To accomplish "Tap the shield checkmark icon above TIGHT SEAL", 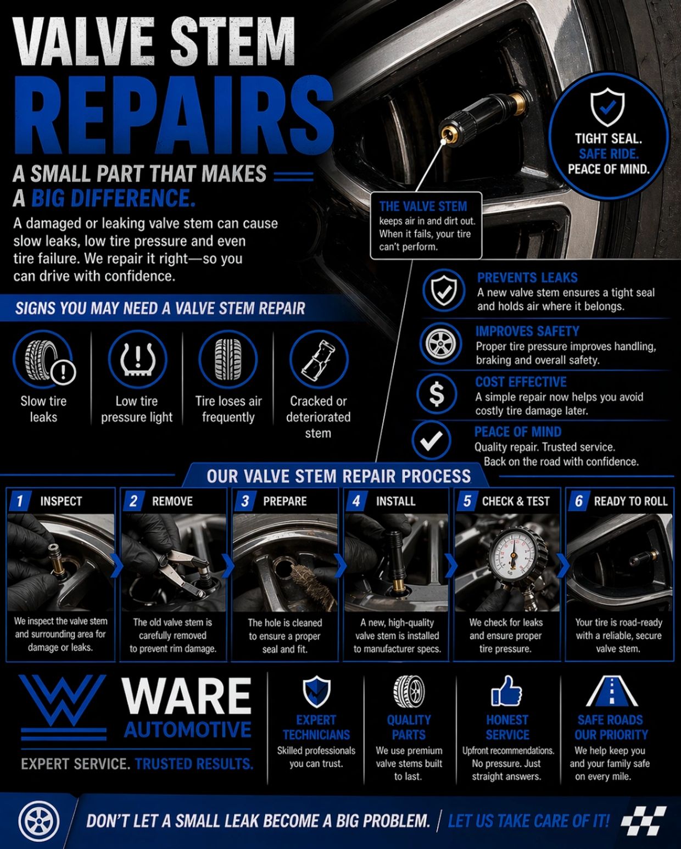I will pos(607,108).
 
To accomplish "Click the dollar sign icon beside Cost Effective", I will pos(436,394).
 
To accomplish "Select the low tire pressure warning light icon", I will pos(137,360).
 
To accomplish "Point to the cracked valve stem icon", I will pos(319,360).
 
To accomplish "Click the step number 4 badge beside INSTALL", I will pos(356,501).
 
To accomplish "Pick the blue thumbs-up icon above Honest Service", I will pos(506,691).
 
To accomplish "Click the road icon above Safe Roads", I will pos(611,691).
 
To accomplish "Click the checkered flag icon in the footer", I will pos(644,821).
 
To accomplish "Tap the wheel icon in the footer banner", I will pos(39,821).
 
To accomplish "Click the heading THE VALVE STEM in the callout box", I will pos(423,206).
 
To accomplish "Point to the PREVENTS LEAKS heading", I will pos(527,277).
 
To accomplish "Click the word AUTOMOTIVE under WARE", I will pos(188,729).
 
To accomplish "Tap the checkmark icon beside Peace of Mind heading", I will pos(432,440).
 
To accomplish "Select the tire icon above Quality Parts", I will pos(409,691).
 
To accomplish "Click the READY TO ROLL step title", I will pos(630,501).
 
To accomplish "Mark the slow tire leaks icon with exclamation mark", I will pos(44,361).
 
